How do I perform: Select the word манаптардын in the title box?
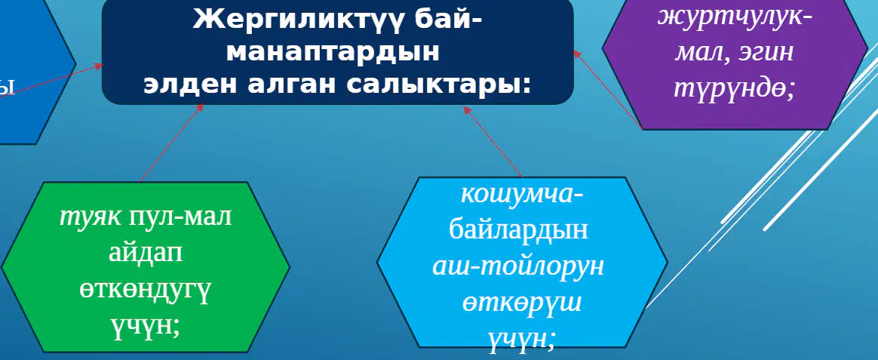(333, 52)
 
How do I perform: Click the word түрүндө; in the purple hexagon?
(734, 89)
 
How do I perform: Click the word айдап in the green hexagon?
(145, 253)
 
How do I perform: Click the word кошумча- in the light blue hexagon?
(522, 194)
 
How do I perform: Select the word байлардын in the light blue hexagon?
(518, 230)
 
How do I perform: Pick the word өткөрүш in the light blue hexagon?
(522, 303)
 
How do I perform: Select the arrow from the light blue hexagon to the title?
(493, 142)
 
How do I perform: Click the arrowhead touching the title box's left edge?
(99, 66)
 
